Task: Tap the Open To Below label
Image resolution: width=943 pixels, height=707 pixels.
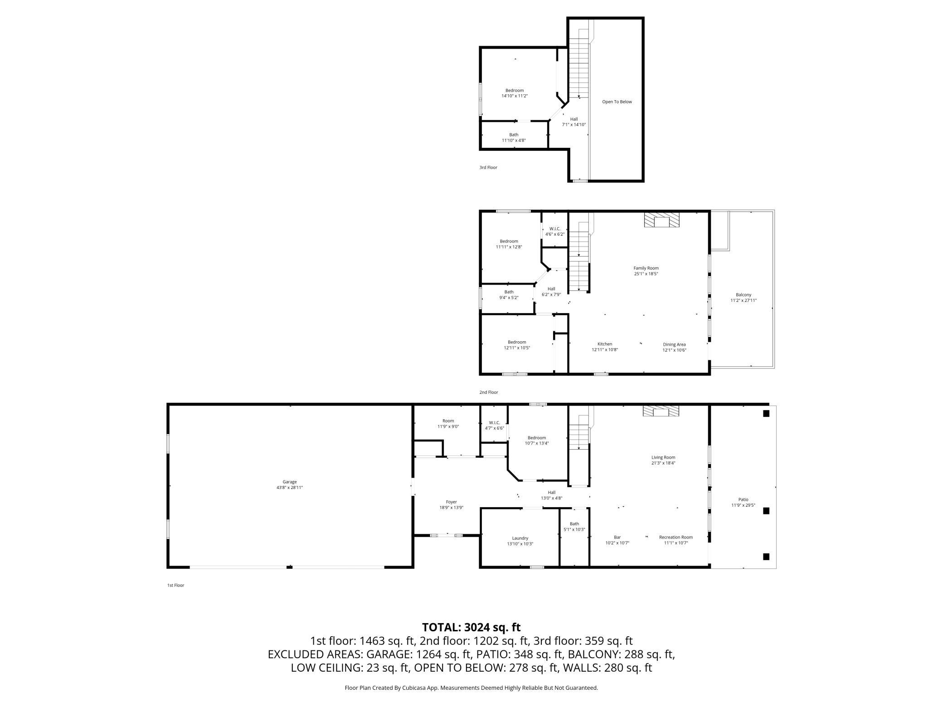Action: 617,102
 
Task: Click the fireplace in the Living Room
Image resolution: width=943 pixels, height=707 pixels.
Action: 661,411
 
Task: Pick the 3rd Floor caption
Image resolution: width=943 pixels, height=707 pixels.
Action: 488,167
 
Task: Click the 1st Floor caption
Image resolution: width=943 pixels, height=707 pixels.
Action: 175,585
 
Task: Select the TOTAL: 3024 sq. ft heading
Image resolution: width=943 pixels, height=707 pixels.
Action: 471,627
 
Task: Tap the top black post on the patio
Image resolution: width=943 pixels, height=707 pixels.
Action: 766,413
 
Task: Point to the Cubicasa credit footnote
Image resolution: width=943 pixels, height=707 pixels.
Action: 471,688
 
